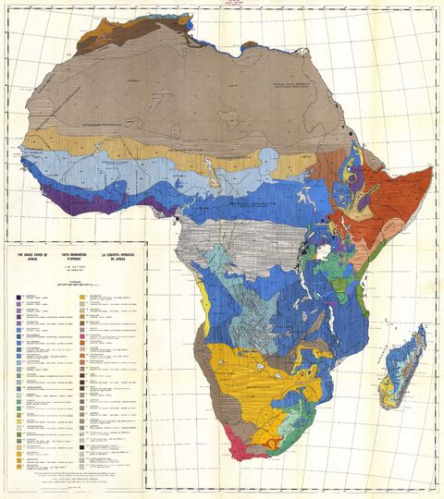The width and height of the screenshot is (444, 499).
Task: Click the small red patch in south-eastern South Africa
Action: [294, 427]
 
